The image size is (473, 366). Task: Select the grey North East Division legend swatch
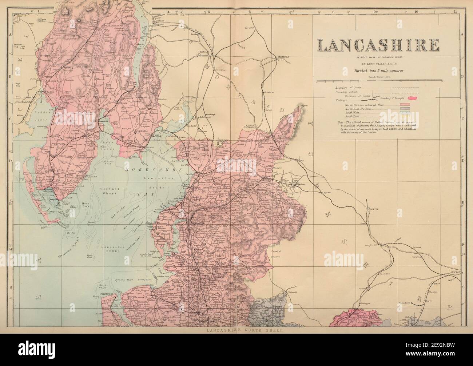405,108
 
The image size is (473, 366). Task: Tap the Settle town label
374,210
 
